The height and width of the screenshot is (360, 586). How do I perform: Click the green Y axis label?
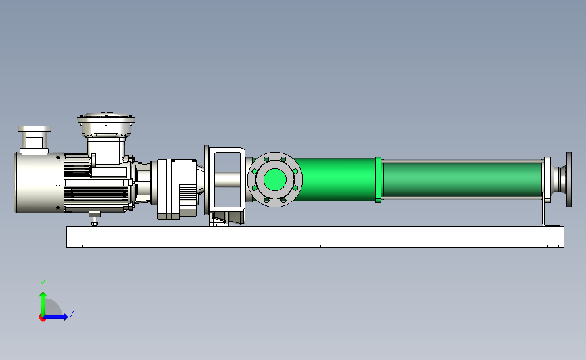(43, 284)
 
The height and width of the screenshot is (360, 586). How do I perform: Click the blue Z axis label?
(72, 313)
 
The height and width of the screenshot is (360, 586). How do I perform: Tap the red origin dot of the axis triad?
(42, 317)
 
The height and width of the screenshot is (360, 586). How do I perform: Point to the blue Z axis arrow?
(56, 317)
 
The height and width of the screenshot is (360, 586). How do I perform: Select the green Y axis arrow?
(43, 305)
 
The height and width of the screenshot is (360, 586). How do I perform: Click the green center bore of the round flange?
(275, 179)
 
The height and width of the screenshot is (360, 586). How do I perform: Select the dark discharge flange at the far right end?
(569, 179)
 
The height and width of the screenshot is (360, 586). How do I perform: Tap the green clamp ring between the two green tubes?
(379, 180)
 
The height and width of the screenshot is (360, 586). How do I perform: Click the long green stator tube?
(462, 180)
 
